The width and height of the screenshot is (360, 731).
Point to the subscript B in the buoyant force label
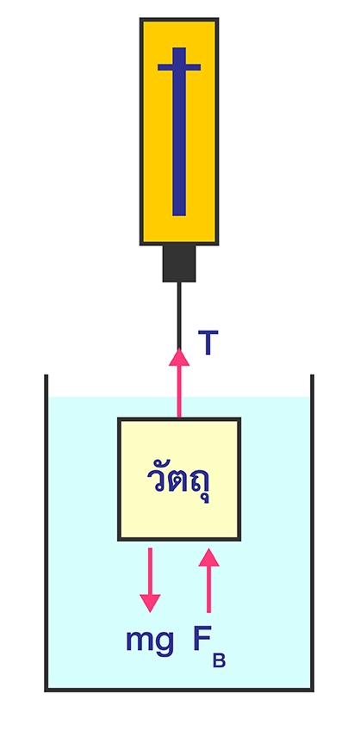(219, 660)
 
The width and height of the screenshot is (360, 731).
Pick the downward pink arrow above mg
(150, 579)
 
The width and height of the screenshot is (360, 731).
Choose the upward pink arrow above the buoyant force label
(208, 580)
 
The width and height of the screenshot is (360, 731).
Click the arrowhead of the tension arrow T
(178, 357)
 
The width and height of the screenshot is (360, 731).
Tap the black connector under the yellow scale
(179, 263)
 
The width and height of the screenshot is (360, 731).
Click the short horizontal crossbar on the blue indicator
(179, 67)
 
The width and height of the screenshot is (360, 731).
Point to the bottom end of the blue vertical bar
(179, 215)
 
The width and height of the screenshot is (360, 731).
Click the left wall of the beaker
(47, 532)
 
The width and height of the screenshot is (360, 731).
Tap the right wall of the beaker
(312, 532)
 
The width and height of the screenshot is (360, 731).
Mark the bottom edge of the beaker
(179, 690)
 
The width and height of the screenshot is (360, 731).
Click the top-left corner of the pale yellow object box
(119, 418)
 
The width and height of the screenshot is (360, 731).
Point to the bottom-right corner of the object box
(239, 540)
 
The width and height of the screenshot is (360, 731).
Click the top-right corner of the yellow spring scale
(218, 19)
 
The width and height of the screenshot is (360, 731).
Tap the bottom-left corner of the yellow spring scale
(141, 244)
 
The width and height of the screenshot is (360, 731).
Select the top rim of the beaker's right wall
(312, 375)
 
